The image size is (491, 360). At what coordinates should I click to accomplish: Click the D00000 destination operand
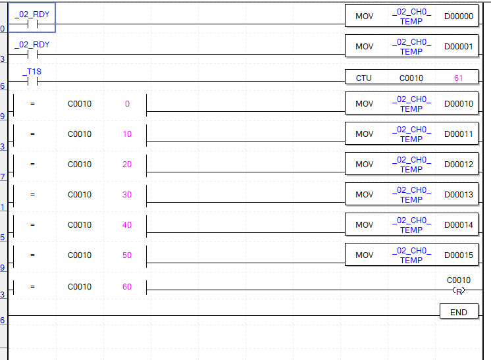[458, 16]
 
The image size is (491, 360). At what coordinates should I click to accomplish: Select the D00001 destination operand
[458, 47]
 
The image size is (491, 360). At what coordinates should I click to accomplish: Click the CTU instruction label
[363, 78]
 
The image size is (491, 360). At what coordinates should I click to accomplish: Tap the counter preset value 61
[458, 78]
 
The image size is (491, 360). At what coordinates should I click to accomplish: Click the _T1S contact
[32, 82]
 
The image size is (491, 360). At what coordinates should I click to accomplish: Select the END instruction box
[459, 312]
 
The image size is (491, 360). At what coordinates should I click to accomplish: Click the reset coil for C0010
[459, 290]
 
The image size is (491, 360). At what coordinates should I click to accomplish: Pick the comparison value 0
[127, 104]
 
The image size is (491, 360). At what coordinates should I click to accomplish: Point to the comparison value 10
[127, 134]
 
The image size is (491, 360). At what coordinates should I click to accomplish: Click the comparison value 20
[127, 165]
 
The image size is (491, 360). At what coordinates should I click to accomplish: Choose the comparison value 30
[127, 195]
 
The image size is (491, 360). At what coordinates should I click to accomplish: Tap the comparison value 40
[127, 225]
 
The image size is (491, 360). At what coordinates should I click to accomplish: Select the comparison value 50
[127, 255]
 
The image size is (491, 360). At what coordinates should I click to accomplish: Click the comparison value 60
[127, 287]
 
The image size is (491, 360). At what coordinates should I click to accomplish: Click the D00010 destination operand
[458, 104]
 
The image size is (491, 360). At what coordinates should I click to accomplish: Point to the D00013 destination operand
[458, 195]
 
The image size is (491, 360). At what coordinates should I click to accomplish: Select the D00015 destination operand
[458, 255]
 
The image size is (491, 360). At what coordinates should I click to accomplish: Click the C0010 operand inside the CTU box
[411, 78]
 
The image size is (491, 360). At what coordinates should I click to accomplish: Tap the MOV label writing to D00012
[364, 165]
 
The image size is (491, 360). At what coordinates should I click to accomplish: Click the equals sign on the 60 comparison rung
[32, 287]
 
